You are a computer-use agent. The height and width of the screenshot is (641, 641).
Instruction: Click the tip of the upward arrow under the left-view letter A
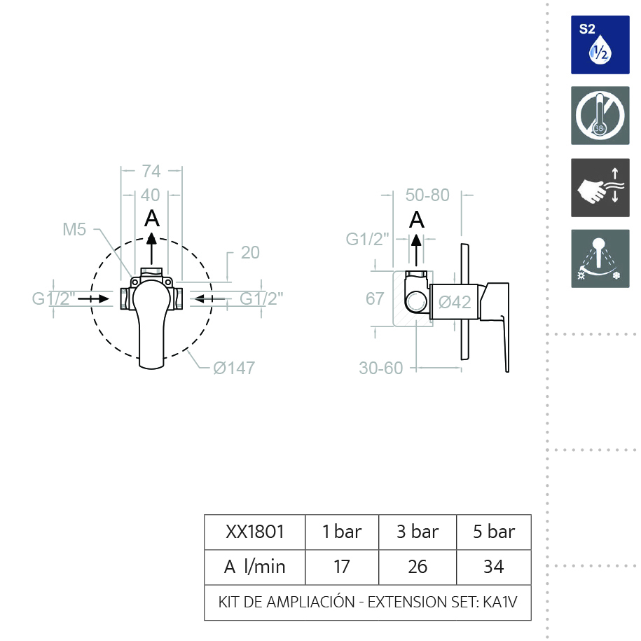click(x=151, y=233)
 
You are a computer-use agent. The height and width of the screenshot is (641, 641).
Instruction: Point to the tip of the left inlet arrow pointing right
click(x=109, y=299)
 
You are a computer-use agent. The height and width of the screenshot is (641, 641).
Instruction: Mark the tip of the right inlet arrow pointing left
click(x=194, y=299)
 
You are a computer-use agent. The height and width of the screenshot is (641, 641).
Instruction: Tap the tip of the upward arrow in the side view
click(x=416, y=234)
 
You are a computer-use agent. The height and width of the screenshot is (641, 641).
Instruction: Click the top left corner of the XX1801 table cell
click(x=205, y=515)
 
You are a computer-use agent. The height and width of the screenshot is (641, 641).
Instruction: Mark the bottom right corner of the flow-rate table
click(x=531, y=620)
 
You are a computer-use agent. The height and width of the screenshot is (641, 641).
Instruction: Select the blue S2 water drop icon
click(x=600, y=45)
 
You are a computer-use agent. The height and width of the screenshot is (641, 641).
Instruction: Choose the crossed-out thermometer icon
click(x=600, y=116)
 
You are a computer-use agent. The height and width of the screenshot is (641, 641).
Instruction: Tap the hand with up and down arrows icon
click(x=600, y=188)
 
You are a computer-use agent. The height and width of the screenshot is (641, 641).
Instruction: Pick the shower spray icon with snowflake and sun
click(x=600, y=259)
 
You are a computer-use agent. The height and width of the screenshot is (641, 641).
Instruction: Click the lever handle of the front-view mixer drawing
click(x=151, y=323)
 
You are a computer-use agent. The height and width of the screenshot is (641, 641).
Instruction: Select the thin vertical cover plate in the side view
click(x=464, y=302)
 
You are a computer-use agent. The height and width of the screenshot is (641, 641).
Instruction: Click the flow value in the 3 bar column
click(x=418, y=567)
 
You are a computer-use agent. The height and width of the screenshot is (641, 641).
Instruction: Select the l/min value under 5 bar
click(x=493, y=567)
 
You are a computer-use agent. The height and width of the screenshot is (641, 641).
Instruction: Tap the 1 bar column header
click(x=342, y=532)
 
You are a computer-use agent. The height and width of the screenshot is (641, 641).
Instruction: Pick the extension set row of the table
click(x=368, y=602)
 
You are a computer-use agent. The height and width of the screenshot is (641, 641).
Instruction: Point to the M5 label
click(x=74, y=229)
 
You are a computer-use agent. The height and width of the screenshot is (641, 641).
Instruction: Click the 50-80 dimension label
click(x=427, y=195)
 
